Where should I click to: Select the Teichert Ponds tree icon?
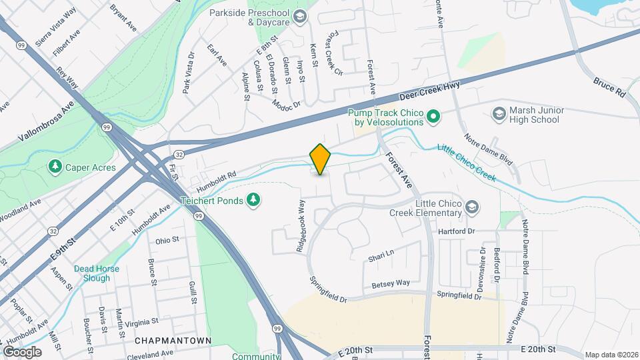pos(253,199)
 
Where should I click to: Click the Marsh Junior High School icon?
pos(499,115)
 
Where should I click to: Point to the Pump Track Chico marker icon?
pos(432,117)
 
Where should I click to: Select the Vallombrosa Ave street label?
pos(45,125)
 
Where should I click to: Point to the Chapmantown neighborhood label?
pos(173,341)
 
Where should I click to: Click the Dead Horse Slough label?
pos(97,273)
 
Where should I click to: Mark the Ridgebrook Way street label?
pos(301,225)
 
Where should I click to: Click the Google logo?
pos(22,351)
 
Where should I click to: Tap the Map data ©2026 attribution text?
pos(611,355)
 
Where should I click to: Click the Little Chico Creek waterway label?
pos(466,161)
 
